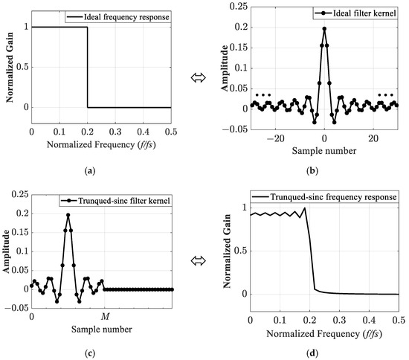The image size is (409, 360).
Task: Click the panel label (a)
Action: (x=89, y=170)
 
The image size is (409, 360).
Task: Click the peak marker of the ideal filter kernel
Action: (x=324, y=29)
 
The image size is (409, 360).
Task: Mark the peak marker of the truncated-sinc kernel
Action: (x=68, y=215)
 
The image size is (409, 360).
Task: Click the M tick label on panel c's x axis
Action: (x=104, y=303)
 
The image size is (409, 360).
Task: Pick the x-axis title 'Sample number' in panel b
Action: (x=324, y=151)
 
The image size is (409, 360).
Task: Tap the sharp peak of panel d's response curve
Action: (x=303, y=208)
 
